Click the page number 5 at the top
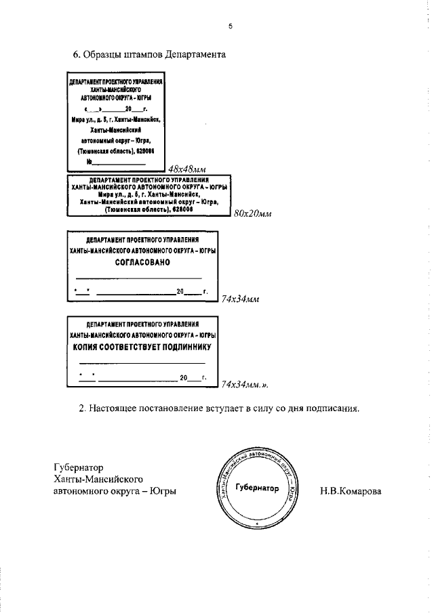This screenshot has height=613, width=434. click(231, 26)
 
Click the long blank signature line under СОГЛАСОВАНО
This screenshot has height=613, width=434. click(138, 278)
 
